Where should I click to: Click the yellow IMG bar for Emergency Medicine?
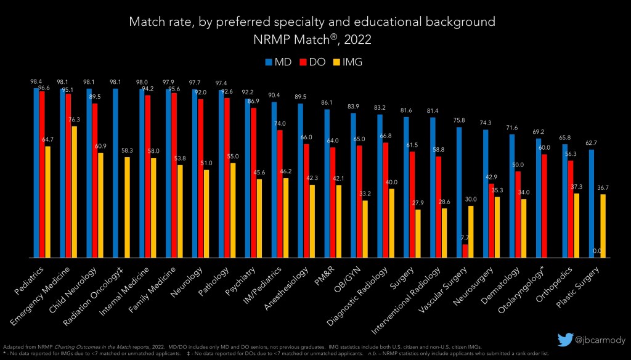tap(75, 192)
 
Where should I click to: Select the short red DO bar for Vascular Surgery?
tap(465, 251)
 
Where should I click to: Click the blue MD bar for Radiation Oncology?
tap(115, 173)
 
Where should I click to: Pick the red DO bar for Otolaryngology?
tap(544, 206)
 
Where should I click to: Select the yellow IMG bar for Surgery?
tap(418, 234)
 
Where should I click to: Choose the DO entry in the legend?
tap(312, 62)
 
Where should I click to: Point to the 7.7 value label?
tap(465, 238)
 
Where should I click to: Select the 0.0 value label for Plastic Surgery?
tap(597, 252)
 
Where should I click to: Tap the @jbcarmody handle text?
tap(600, 340)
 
